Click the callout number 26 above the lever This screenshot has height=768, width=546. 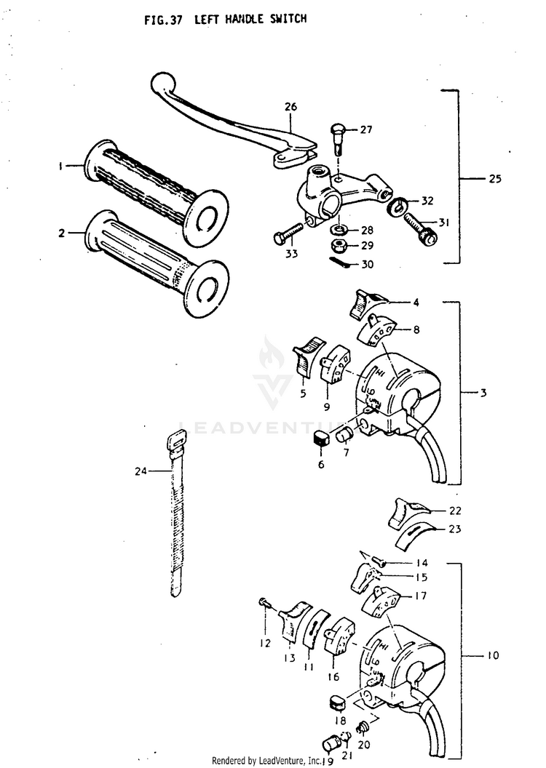[290, 107]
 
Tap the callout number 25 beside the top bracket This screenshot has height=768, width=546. [494, 177]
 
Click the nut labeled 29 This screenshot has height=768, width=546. [338, 244]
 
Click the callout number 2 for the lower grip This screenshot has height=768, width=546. [61, 233]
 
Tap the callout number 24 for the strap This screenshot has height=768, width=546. [141, 471]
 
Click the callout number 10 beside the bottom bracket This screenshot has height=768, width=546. [493, 655]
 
